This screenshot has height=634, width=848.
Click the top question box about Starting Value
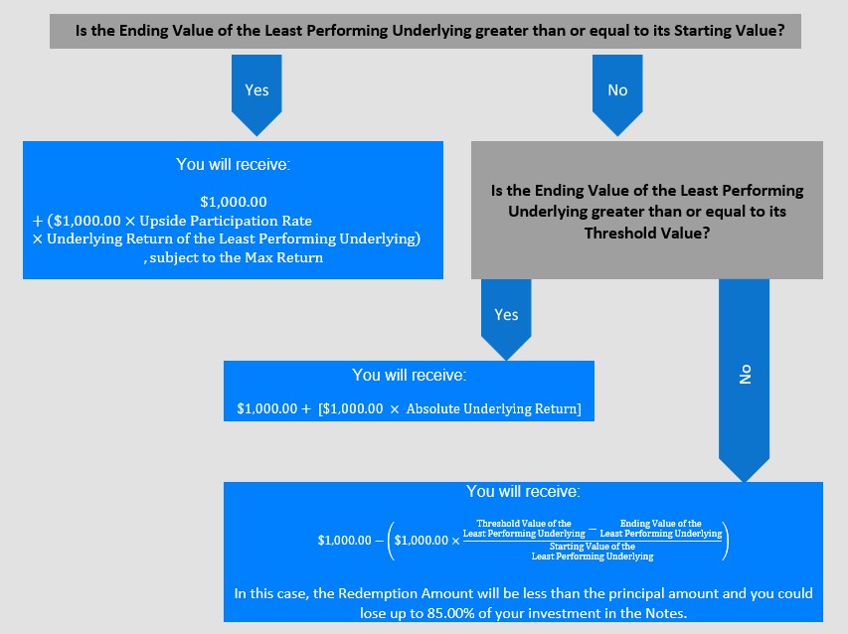point(425,32)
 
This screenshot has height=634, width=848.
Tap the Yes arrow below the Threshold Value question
point(506,319)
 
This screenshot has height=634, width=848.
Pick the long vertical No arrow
point(744,380)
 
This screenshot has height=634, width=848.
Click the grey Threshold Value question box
point(647,211)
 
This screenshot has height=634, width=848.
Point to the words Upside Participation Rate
point(226,221)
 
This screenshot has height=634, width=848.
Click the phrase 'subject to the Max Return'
point(237,257)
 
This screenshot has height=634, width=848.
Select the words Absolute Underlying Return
point(492,408)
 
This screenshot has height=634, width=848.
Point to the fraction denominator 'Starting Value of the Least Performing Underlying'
point(593,552)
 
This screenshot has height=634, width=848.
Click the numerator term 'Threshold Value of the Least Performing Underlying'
point(524,528)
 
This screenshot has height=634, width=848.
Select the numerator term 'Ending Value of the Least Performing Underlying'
point(661,528)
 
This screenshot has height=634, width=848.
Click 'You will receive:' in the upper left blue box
point(233,164)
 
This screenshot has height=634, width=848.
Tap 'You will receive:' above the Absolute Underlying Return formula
point(409,375)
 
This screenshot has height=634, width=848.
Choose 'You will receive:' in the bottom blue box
point(523,491)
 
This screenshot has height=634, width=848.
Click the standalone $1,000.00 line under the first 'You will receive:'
point(233,202)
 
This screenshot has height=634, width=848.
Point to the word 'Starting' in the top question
point(697,30)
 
